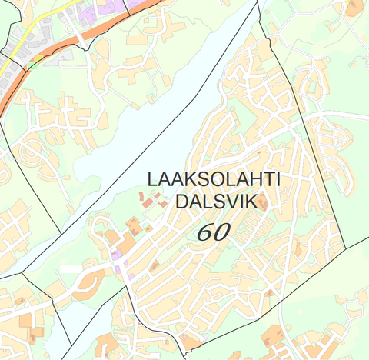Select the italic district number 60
point(213,232)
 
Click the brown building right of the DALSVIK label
point(263,202)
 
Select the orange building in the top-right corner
point(353,8)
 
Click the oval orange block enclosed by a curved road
point(87,283)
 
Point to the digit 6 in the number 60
point(205,232)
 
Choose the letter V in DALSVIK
point(234,202)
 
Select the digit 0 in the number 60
point(221,232)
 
